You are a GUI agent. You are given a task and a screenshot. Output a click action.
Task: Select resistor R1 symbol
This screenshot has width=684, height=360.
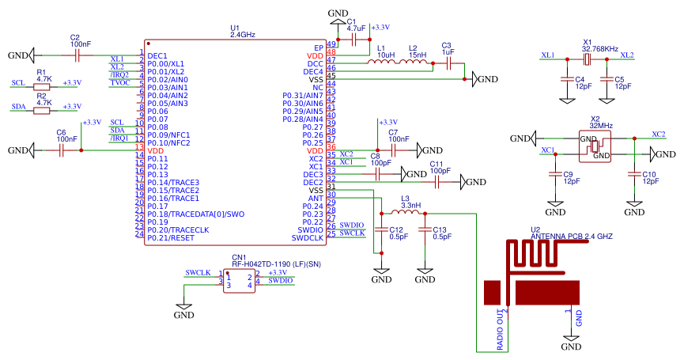[x=44, y=88]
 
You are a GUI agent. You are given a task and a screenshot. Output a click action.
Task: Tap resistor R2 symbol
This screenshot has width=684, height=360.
[x=44, y=111]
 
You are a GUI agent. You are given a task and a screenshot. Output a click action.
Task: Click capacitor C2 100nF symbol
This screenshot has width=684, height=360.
[x=76, y=55]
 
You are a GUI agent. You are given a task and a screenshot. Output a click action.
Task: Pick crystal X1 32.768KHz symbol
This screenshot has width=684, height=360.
[x=587, y=56]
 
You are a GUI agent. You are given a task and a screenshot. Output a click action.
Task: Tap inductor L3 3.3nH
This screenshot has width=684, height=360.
[x=406, y=213]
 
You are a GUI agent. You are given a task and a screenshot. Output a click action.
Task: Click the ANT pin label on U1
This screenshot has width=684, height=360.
[x=315, y=198]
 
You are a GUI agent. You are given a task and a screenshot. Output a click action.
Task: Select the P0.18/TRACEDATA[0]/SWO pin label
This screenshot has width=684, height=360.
[x=191, y=214]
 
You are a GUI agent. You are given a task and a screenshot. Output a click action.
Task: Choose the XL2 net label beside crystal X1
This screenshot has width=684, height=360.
[x=626, y=55]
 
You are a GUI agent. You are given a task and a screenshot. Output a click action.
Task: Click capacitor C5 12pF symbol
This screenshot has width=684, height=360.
[x=607, y=79]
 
